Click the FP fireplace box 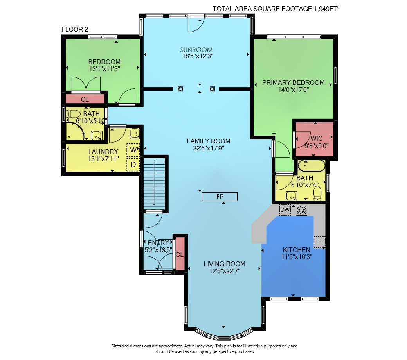[220, 197]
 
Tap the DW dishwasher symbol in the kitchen [285, 210]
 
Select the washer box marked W [133, 150]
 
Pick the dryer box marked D [133, 164]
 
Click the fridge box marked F [319, 242]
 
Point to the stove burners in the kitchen [302, 210]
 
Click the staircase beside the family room [154, 183]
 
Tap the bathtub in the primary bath [312, 166]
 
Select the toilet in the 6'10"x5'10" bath [73, 113]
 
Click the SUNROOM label [196, 50]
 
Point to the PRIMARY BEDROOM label [293, 82]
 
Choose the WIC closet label [317, 138]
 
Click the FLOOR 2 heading [75, 30]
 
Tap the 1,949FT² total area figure [326, 9]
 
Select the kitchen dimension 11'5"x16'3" [296, 257]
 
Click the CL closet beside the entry [180, 254]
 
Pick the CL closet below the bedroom [85, 99]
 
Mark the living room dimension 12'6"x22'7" [225, 271]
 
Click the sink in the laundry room [135, 133]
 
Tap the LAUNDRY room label [103, 152]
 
